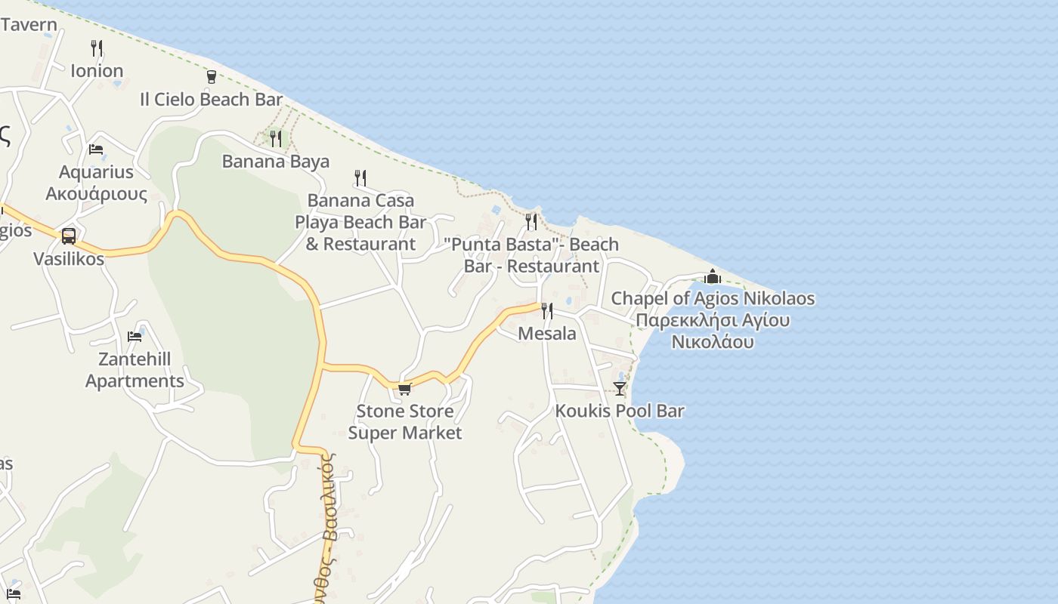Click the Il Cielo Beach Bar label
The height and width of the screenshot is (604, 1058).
point(211,99)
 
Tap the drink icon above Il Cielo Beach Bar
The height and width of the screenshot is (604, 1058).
point(211,76)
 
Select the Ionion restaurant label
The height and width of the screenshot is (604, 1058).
point(97,71)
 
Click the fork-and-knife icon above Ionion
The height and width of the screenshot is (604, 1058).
point(97,48)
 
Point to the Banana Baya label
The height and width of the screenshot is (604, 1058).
point(275,161)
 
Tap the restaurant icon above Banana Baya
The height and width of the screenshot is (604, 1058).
point(276,138)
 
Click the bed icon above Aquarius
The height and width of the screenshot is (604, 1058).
point(96,149)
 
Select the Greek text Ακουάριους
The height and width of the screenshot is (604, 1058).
point(97,193)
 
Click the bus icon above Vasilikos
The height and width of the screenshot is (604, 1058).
point(69,236)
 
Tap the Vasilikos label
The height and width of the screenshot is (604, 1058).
point(69,259)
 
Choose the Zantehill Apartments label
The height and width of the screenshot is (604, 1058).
point(135,370)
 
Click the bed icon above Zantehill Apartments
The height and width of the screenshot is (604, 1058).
point(135,336)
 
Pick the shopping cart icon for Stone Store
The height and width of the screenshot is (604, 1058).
point(404,389)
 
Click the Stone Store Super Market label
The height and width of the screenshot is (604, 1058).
point(405,422)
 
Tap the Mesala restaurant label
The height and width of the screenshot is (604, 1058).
point(547,333)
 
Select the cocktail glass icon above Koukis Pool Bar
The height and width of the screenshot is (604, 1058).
point(620,388)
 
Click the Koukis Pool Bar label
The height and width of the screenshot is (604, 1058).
point(620,411)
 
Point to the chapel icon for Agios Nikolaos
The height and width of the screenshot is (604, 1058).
point(713,276)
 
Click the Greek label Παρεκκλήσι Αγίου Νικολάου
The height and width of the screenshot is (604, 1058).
point(713,331)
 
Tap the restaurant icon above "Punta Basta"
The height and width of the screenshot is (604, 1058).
point(531,221)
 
